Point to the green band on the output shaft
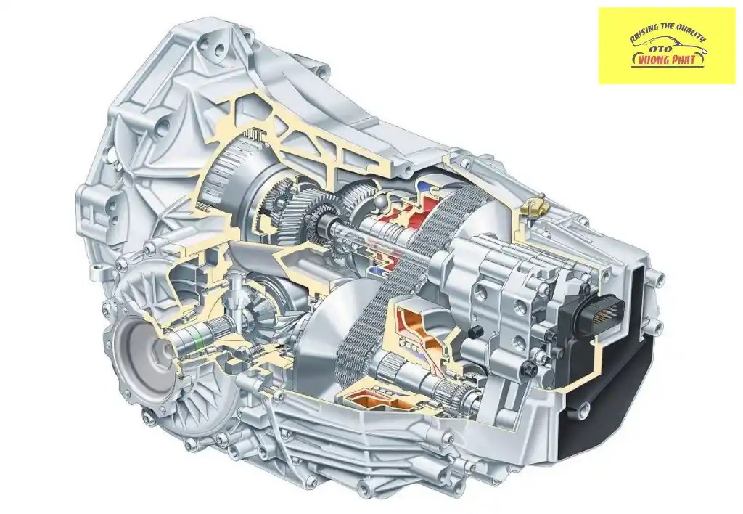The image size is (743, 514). pos(194,338)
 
